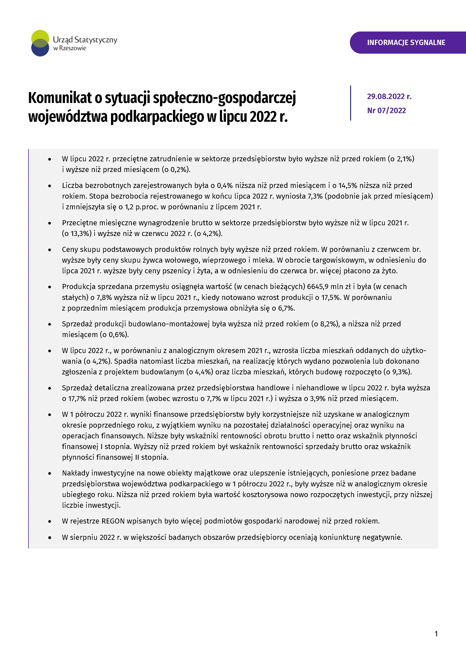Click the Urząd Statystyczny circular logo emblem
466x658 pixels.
[40, 43]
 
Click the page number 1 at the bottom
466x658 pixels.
[436, 634]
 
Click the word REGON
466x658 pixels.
[113, 521]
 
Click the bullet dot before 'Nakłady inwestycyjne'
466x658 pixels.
[50, 473]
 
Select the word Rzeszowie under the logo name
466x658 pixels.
[73, 48]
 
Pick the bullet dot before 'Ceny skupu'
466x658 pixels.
[50, 250]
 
